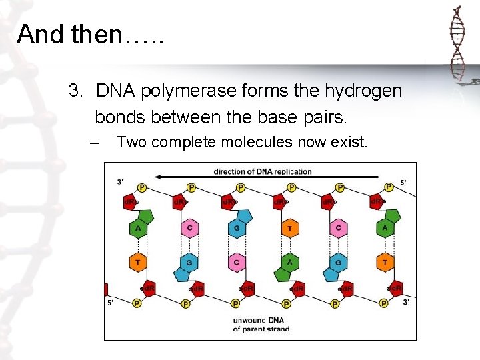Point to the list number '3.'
(77, 91)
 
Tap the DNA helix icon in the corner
(457, 44)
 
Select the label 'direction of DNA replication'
(263, 171)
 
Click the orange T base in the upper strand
(289, 229)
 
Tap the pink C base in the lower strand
(237, 263)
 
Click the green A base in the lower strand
(289, 263)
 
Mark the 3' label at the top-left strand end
(120, 182)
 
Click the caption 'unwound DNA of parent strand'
(261, 325)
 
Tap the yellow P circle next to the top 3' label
(141, 188)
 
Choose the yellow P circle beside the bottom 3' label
(384, 303)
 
